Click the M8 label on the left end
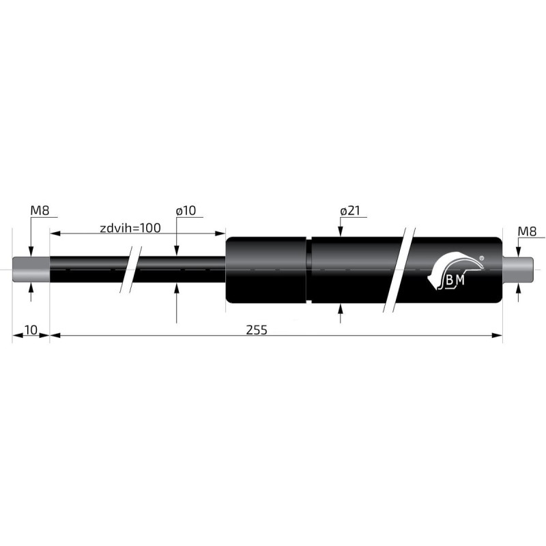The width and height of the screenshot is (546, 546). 39,210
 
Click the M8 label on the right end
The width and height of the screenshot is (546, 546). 527,231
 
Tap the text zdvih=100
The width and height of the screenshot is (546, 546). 130,228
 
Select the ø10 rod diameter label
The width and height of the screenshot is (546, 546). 185,211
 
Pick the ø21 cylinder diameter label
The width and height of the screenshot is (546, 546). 349,211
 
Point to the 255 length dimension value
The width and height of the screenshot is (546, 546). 257,330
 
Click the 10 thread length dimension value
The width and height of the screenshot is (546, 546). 31,330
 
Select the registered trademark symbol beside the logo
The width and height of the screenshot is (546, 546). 482,258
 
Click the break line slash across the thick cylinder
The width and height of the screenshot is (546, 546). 399,269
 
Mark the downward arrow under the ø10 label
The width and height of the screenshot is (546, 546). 177,250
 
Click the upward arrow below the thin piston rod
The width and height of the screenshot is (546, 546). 177,289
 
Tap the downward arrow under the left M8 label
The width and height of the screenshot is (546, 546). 31,250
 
